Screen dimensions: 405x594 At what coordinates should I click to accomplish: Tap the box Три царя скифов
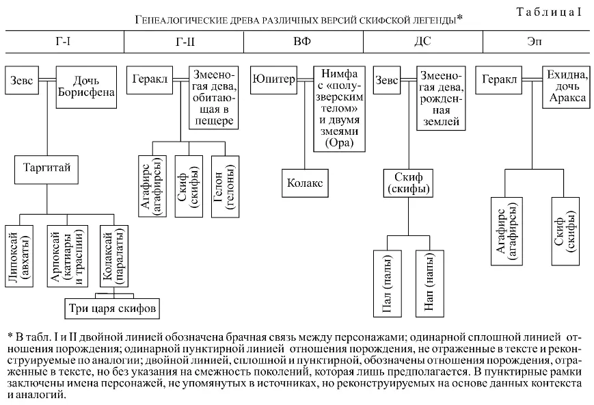coord(113,308)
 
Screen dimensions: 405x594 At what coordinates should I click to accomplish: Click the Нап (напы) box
coord(429,283)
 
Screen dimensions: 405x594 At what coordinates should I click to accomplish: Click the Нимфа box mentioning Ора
coord(338,108)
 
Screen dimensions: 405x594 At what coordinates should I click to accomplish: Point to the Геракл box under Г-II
coord(147,79)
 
